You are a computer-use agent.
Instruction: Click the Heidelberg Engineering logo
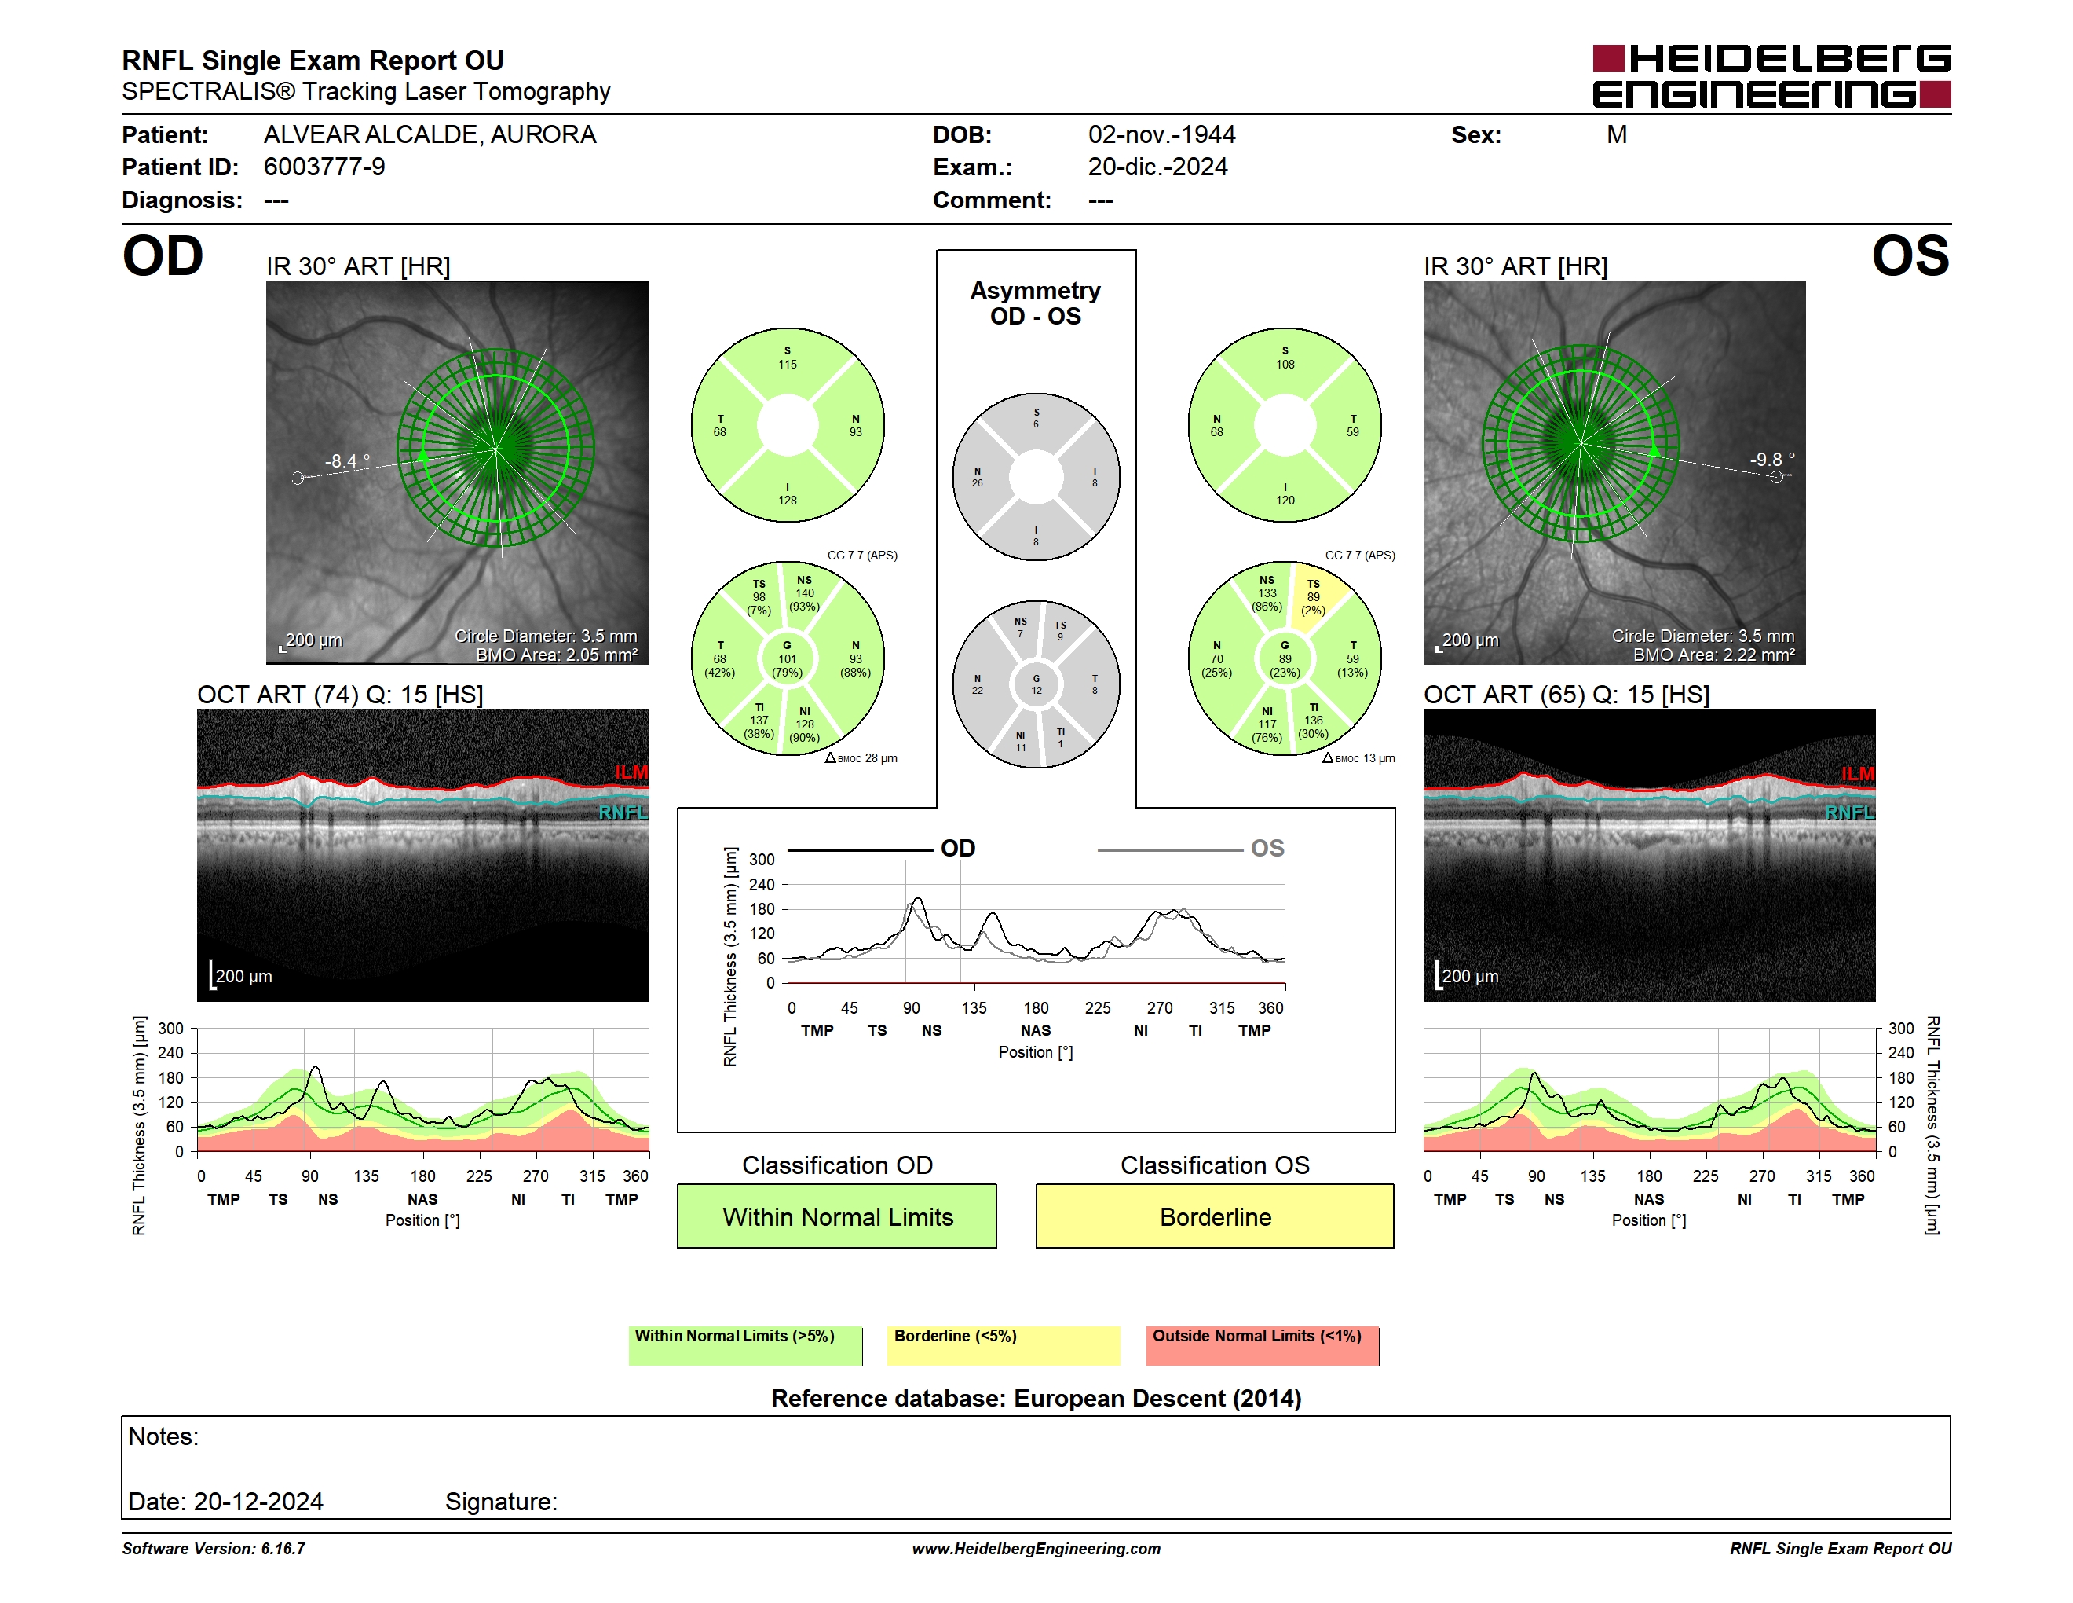click(x=1771, y=76)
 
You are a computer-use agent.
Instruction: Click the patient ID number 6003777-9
click(x=324, y=167)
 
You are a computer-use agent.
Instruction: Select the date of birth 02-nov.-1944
click(x=1162, y=135)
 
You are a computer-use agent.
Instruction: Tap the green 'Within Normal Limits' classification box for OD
click(x=836, y=1216)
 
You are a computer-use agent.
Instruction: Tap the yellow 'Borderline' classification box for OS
click(x=1215, y=1216)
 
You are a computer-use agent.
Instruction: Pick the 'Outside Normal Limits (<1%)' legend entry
click(x=1263, y=1345)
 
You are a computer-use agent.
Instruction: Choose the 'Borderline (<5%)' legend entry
click(x=1004, y=1345)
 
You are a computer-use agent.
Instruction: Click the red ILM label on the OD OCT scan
click(x=631, y=772)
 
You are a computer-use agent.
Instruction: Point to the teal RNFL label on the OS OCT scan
click(x=1850, y=813)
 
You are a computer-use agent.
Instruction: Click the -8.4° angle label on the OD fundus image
click(x=346, y=461)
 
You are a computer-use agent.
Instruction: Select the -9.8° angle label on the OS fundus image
click(x=1772, y=460)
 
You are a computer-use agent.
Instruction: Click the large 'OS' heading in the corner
click(x=1910, y=255)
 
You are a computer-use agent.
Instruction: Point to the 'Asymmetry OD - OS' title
click(x=1036, y=303)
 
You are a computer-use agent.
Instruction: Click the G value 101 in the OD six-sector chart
click(x=787, y=659)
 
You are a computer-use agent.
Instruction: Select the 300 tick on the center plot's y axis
click(x=762, y=860)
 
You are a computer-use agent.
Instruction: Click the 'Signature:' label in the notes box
click(x=501, y=1502)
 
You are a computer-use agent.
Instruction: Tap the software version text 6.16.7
click(x=283, y=1549)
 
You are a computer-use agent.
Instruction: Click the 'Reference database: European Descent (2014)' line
click(x=1036, y=1398)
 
